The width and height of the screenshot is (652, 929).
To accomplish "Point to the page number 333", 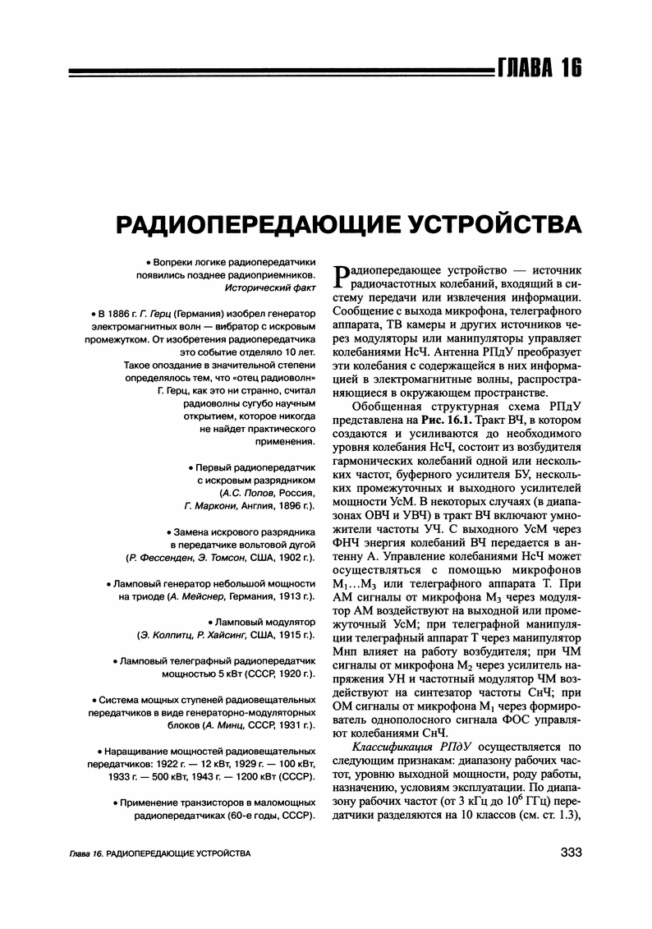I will (x=571, y=853).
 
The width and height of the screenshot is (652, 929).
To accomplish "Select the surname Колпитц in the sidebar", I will (x=168, y=636).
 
